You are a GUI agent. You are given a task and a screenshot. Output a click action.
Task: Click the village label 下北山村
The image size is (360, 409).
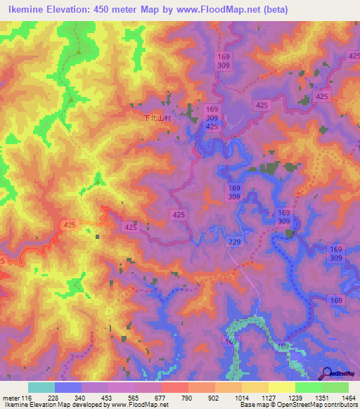pyautogui.click(x=157, y=119)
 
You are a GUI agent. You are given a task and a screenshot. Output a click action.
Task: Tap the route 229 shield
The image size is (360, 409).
pyautogui.click(x=235, y=242)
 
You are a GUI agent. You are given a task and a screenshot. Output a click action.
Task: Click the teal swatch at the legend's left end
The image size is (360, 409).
pyautogui.click(x=41, y=387)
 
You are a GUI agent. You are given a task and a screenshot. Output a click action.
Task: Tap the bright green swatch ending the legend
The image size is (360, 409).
pyautogui.click(x=335, y=387)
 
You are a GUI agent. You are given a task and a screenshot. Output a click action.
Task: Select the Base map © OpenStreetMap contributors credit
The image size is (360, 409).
pyautogui.click(x=299, y=405)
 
